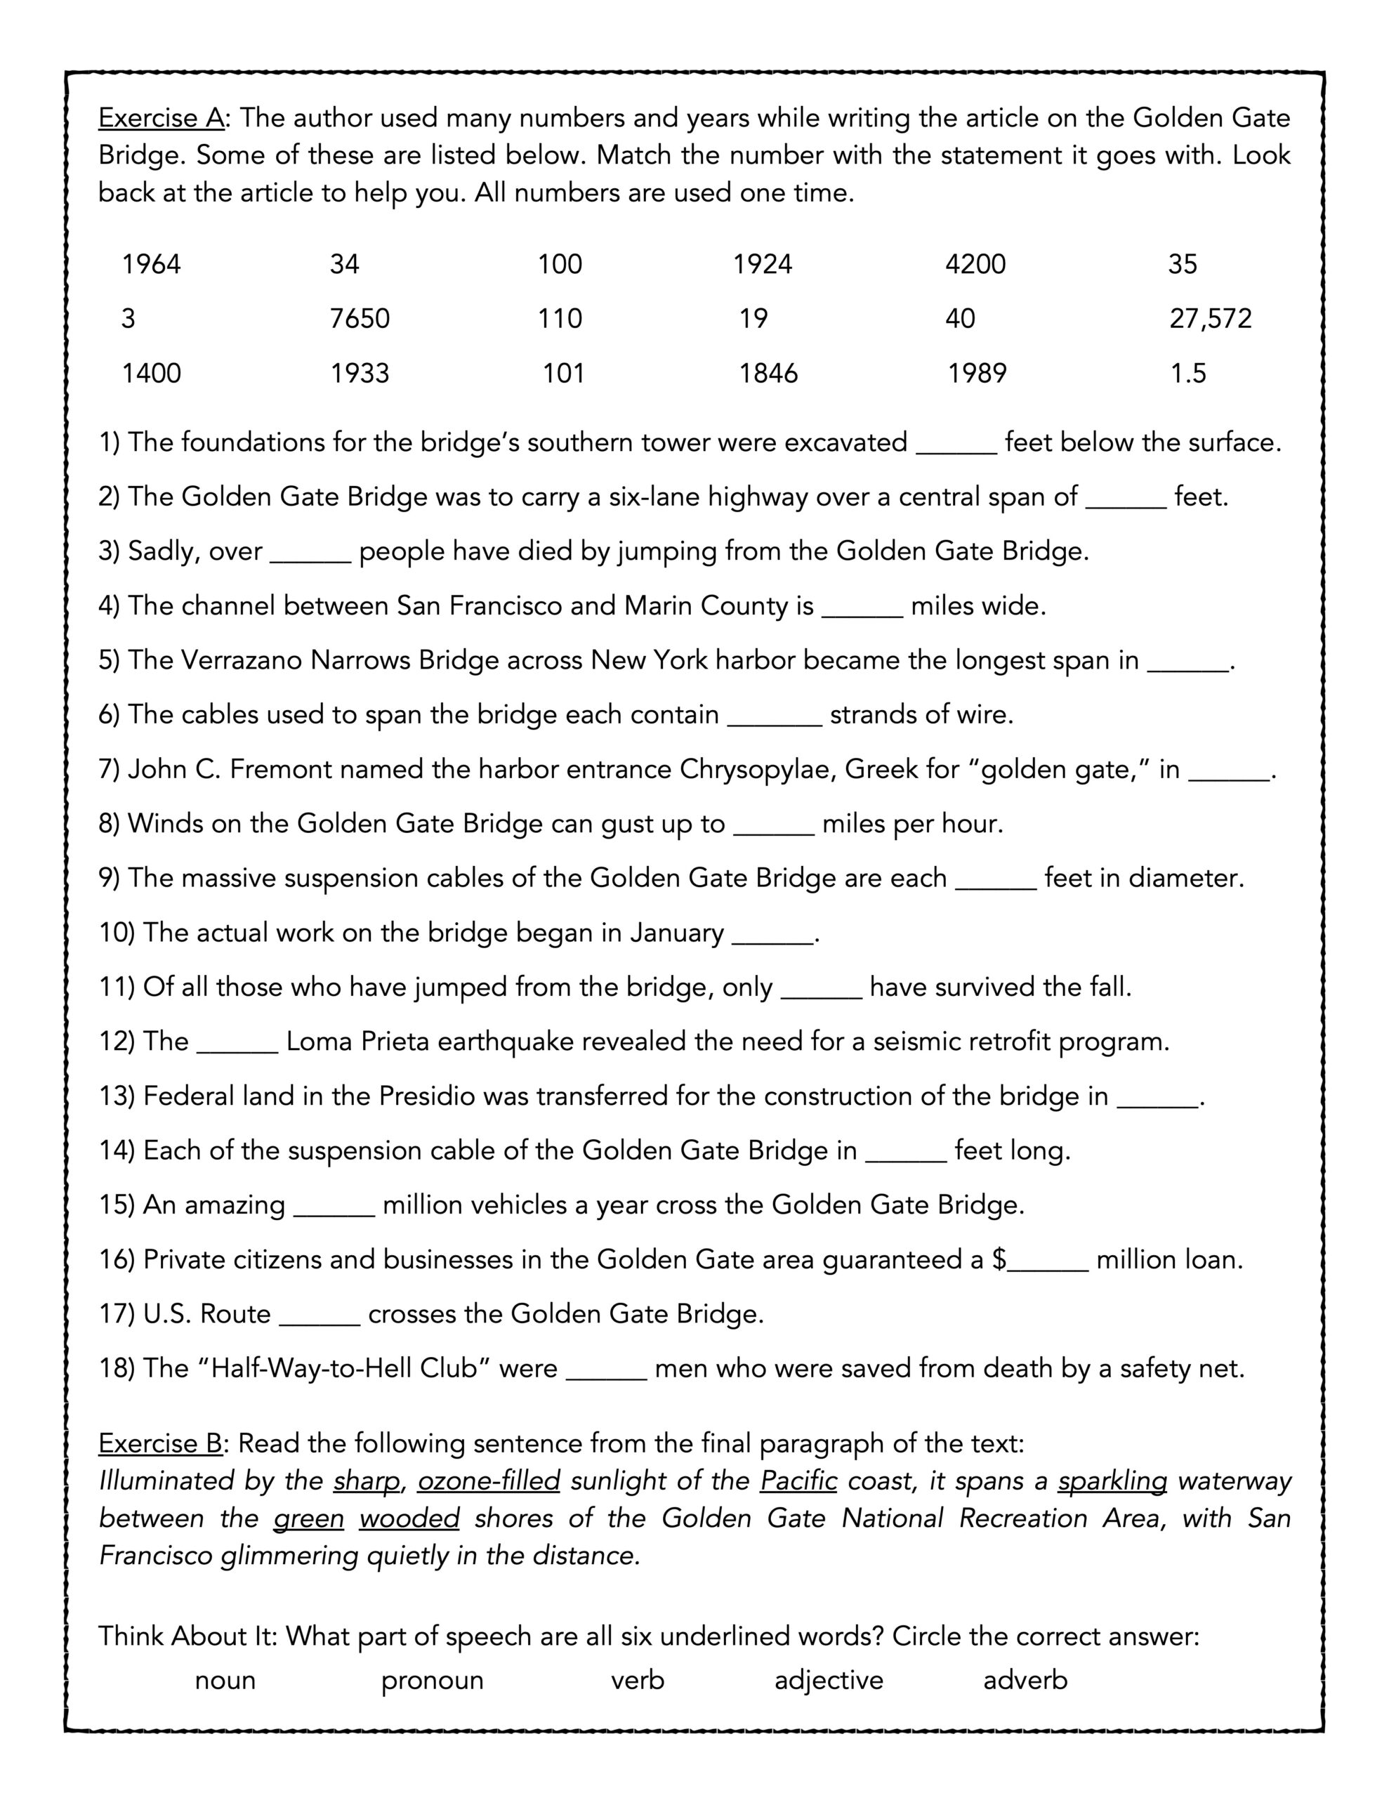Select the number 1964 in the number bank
152,264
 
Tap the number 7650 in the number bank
360,319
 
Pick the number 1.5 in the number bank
1187,374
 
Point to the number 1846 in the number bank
768,374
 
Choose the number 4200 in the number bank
975,264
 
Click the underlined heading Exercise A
162,119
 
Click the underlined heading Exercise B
162,1443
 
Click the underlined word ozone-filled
488,1481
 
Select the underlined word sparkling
1112,1481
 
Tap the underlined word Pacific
798,1481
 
